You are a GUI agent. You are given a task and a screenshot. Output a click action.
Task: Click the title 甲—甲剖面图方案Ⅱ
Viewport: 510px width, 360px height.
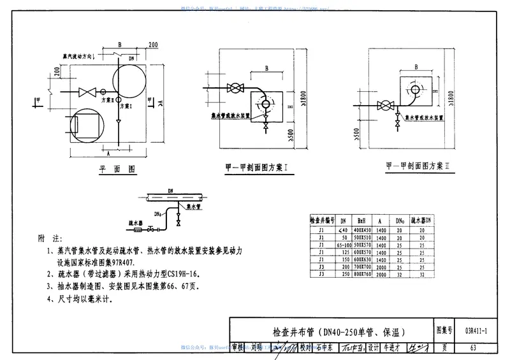point(418,166)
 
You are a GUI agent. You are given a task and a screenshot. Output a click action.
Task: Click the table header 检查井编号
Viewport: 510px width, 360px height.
point(319,219)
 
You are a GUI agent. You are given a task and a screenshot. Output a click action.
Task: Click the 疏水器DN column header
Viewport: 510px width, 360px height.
point(419,219)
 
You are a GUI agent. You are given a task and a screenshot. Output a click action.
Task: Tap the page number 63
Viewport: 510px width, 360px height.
point(472,347)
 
